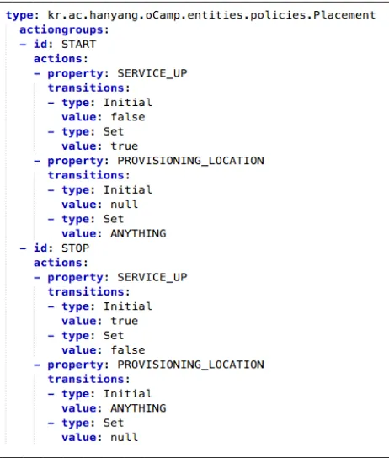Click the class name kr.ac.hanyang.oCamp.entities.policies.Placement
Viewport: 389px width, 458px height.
pos(211,15)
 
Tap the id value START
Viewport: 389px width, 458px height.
pos(78,45)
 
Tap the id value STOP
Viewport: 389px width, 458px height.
pos(75,248)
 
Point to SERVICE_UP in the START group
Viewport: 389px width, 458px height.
pos(152,73)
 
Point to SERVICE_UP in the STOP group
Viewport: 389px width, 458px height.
pos(152,278)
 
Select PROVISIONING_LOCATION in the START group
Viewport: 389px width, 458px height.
pos(190,161)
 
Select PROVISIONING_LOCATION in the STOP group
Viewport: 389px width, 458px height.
pos(190,365)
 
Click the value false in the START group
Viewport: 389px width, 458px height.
pos(128,117)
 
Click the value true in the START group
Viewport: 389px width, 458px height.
pos(124,146)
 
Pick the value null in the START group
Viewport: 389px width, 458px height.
pos(124,205)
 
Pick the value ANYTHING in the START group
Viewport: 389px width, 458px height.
pos(138,234)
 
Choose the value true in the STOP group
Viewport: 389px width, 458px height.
pos(124,321)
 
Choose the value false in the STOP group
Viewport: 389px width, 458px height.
pos(128,350)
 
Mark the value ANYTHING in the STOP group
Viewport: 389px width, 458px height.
pos(138,408)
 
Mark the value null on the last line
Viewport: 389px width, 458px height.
pos(124,438)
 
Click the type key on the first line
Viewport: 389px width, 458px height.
pos(19,15)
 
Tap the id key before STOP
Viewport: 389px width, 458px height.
pos(40,248)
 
